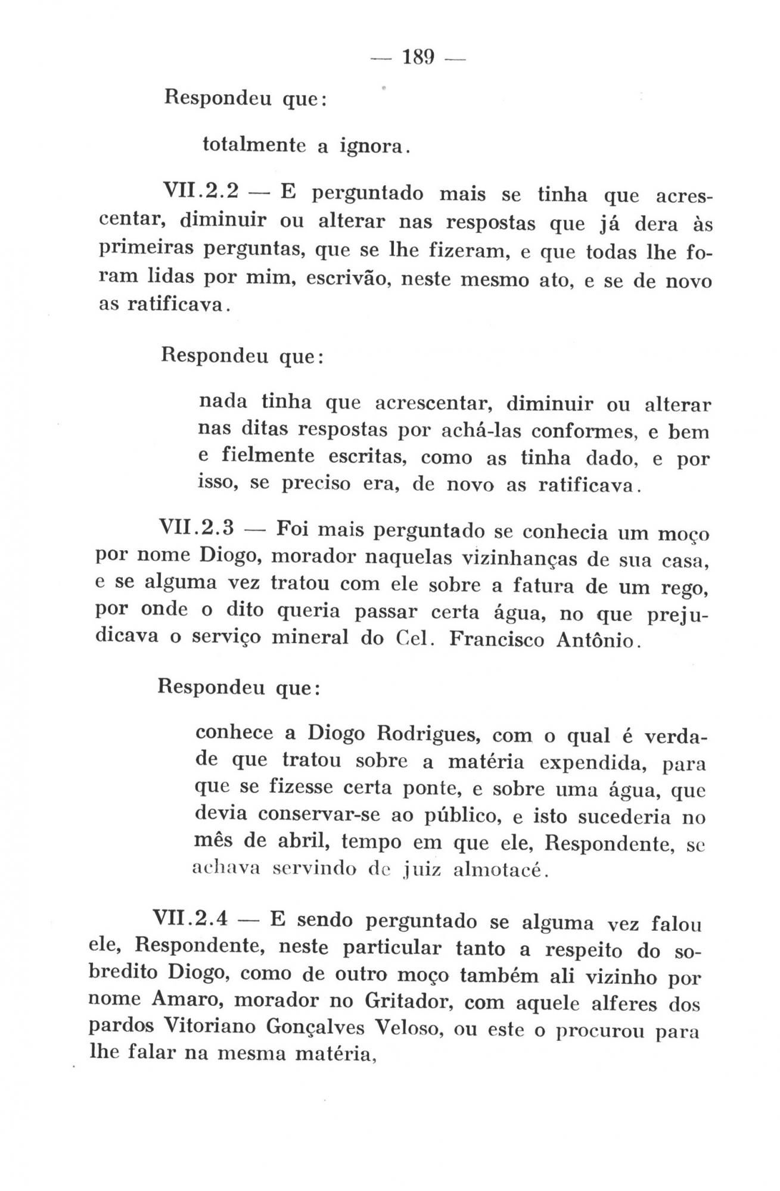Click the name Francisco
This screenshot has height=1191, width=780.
[496, 639]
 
